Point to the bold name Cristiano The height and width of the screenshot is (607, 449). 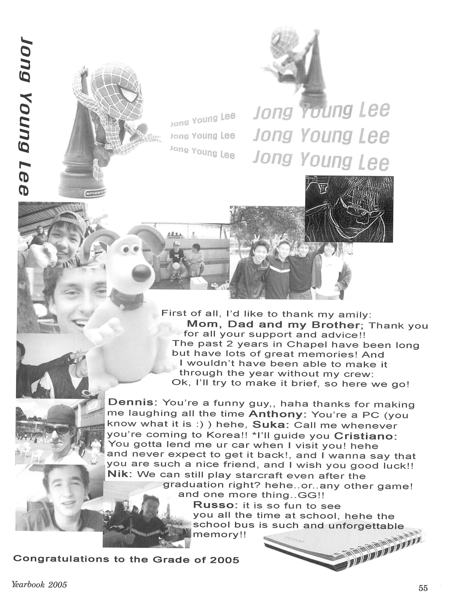tap(365, 436)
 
